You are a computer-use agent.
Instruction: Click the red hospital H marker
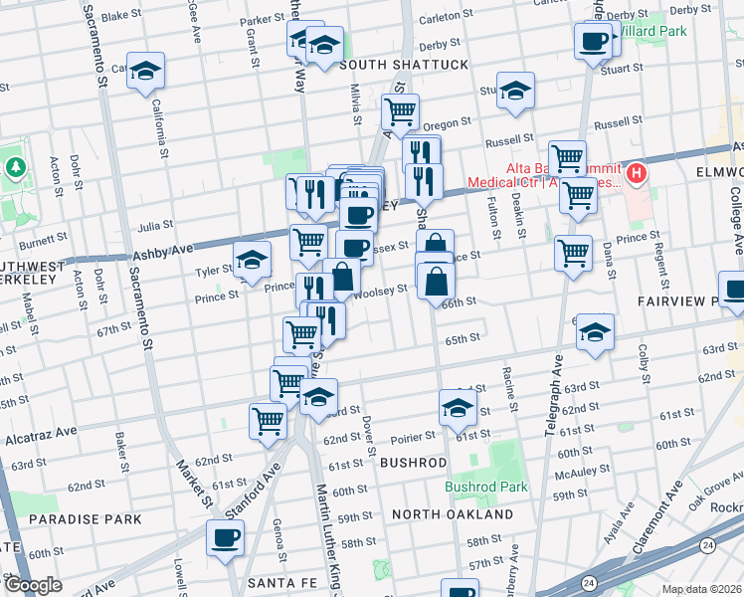tap(635, 173)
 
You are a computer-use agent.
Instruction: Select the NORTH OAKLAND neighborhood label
tap(452, 513)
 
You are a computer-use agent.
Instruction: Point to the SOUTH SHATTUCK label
tap(403, 65)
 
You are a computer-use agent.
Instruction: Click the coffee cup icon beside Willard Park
tap(594, 41)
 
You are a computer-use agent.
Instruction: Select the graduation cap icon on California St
tap(145, 71)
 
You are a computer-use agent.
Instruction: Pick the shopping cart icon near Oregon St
tap(400, 111)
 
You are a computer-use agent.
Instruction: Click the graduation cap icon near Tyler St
tap(252, 260)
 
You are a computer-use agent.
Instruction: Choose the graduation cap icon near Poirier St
tap(458, 407)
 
